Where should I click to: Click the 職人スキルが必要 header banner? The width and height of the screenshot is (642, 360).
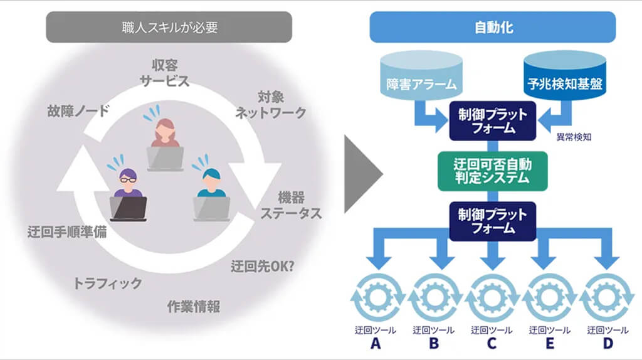click(x=169, y=27)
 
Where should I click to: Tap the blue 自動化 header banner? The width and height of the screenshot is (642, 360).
click(x=492, y=27)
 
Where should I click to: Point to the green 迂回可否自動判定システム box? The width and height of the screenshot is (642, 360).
click(x=492, y=171)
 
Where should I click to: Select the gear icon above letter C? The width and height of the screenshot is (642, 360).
click(x=492, y=299)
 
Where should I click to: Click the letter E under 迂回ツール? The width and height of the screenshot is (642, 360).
click(x=549, y=344)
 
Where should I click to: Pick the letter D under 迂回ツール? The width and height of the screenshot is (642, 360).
click(x=608, y=344)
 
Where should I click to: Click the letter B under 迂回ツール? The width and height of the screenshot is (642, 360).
click(x=433, y=344)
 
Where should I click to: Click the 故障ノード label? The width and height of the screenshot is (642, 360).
click(x=78, y=112)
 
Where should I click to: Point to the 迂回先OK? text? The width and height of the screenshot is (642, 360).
click(x=263, y=265)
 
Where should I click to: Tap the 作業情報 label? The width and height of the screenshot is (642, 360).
click(x=193, y=307)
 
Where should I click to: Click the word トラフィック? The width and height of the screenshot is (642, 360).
click(x=108, y=283)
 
